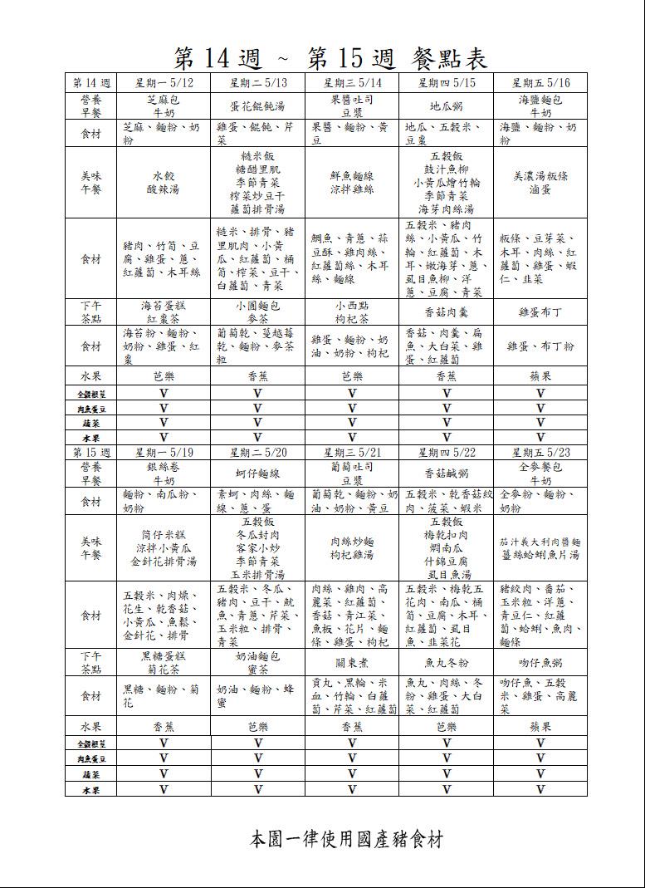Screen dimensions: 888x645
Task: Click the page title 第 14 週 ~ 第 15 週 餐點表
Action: [x=330, y=57]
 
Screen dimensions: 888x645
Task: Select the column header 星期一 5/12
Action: [x=164, y=83]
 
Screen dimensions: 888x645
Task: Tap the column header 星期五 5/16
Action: [x=540, y=83]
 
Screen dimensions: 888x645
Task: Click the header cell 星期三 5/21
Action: [x=352, y=453]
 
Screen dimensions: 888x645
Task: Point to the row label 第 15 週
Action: [x=91, y=453]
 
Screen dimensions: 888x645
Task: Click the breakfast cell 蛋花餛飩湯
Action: [x=257, y=106]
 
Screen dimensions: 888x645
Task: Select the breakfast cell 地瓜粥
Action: [x=447, y=106]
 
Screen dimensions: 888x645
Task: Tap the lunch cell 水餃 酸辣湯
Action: [x=164, y=183]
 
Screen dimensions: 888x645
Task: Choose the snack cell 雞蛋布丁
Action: [x=540, y=312]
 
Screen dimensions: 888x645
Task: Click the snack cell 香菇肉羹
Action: [x=447, y=312]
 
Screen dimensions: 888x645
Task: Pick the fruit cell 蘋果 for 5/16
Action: [x=540, y=375]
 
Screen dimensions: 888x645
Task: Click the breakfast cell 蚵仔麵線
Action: [x=257, y=473]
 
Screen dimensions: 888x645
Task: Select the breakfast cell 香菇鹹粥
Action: [x=447, y=473]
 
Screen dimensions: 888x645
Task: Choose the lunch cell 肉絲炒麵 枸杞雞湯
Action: [x=352, y=548]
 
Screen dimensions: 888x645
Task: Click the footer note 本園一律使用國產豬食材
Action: [x=346, y=839]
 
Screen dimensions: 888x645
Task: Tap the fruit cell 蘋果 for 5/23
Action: [x=540, y=726]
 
